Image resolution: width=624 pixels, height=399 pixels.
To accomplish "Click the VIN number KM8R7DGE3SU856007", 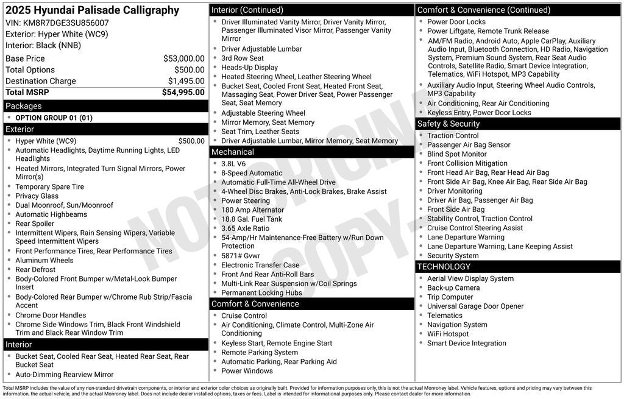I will point(66,23).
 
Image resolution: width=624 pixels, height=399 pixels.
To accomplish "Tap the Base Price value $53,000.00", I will point(183,58).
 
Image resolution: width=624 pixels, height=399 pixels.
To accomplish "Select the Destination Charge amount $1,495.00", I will point(186,81).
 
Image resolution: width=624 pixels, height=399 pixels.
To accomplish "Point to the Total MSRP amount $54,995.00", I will point(183,93).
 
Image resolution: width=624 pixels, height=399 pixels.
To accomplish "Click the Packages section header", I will point(24,106).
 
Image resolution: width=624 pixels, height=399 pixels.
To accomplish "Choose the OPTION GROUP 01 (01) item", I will point(54,118).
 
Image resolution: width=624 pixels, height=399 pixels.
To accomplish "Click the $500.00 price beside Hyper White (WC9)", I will point(191,141).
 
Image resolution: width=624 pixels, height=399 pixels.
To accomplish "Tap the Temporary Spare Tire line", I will point(49,187).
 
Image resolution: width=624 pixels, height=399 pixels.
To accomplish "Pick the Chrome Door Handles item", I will point(51,315).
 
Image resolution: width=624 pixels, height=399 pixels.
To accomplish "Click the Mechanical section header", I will point(233,152).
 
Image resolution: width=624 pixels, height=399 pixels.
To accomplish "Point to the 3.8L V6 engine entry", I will point(233,164).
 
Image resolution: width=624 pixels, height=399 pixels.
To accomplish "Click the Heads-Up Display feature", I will point(249,68).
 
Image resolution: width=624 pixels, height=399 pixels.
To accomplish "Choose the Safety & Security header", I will point(448,124).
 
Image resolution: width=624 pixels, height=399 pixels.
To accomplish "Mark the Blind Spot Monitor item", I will point(456,154).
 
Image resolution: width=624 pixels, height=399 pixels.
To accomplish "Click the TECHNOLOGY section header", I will point(444,266).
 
